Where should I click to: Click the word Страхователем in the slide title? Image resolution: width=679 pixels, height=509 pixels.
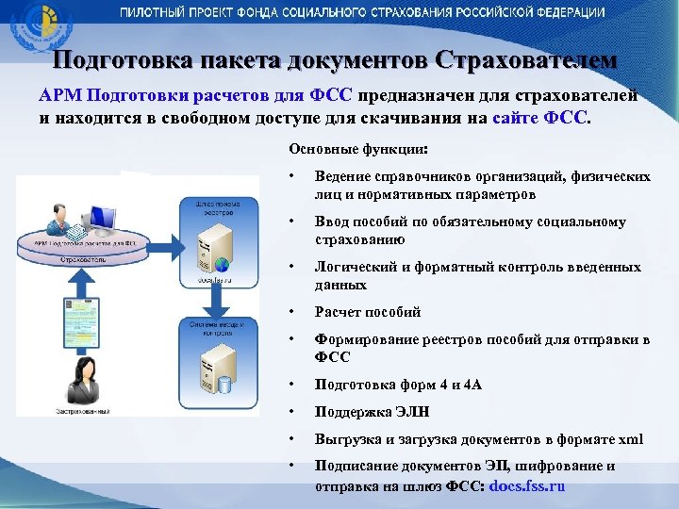pyautogui.click(x=526, y=61)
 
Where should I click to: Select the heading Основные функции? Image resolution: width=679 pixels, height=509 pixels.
pyautogui.click(x=358, y=149)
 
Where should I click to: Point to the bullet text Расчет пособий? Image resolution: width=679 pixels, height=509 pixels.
pyautogui.click(x=367, y=312)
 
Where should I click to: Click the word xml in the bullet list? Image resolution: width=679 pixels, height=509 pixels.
pyautogui.click(x=630, y=438)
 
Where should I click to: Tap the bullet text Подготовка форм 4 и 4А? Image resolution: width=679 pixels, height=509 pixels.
pyautogui.click(x=398, y=386)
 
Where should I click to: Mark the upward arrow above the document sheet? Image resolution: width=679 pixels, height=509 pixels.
pyautogui.click(x=81, y=273)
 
